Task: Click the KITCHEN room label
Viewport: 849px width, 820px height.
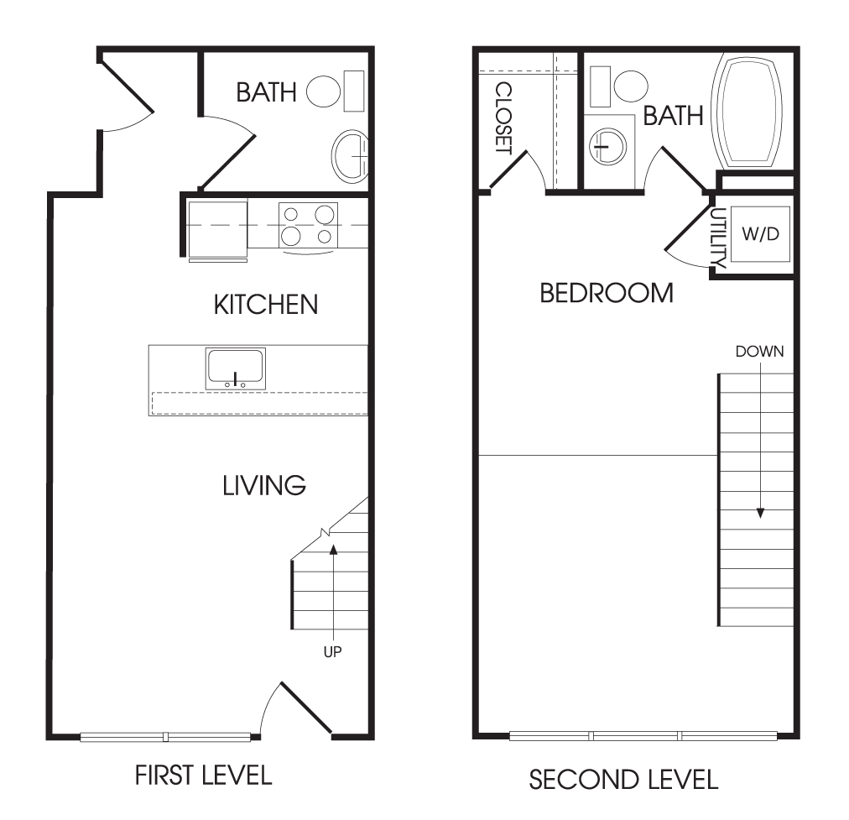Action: click(x=266, y=305)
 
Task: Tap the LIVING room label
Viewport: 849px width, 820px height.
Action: click(x=264, y=486)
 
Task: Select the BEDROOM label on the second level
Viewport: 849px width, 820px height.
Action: click(x=607, y=293)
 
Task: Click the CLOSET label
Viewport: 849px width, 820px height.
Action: click(x=503, y=118)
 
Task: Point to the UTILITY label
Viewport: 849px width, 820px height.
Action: click(x=718, y=238)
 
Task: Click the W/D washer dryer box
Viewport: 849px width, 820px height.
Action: click(x=760, y=234)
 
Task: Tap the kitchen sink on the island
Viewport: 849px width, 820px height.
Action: click(x=236, y=368)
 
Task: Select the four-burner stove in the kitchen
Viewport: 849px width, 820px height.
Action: click(x=308, y=225)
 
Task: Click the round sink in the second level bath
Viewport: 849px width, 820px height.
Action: click(x=608, y=146)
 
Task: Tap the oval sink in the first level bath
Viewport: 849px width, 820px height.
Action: click(x=350, y=157)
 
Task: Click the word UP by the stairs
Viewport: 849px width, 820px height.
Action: click(x=332, y=652)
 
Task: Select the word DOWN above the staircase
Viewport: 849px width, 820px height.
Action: click(x=760, y=352)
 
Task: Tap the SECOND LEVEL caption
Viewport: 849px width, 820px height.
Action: click(x=623, y=780)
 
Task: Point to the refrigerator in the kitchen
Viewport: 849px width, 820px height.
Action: click(x=217, y=228)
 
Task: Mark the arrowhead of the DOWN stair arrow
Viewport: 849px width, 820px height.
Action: click(x=760, y=513)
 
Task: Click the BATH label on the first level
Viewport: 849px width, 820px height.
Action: click(x=267, y=92)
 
